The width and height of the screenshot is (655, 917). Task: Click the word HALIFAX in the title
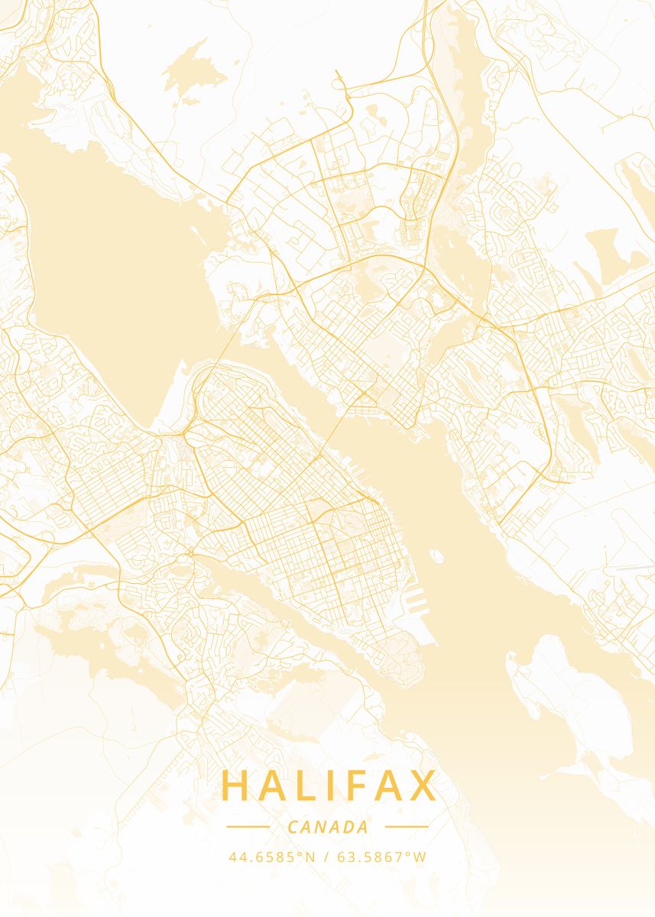click(329, 786)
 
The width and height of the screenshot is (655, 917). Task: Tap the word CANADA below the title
click(329, 827)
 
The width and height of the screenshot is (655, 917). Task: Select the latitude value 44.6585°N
click(271, 857)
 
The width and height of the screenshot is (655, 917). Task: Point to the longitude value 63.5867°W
click(382, 857)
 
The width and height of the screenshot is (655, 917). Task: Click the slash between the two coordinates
click(326, 857)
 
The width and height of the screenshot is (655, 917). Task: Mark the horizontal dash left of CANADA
click(248, 827)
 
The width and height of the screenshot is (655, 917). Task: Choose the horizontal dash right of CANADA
click(407, 827)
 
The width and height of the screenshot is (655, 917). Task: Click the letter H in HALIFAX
click(235, 786)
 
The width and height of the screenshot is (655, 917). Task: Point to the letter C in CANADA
click(293, 827)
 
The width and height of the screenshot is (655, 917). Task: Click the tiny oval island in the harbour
click(436, 556)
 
